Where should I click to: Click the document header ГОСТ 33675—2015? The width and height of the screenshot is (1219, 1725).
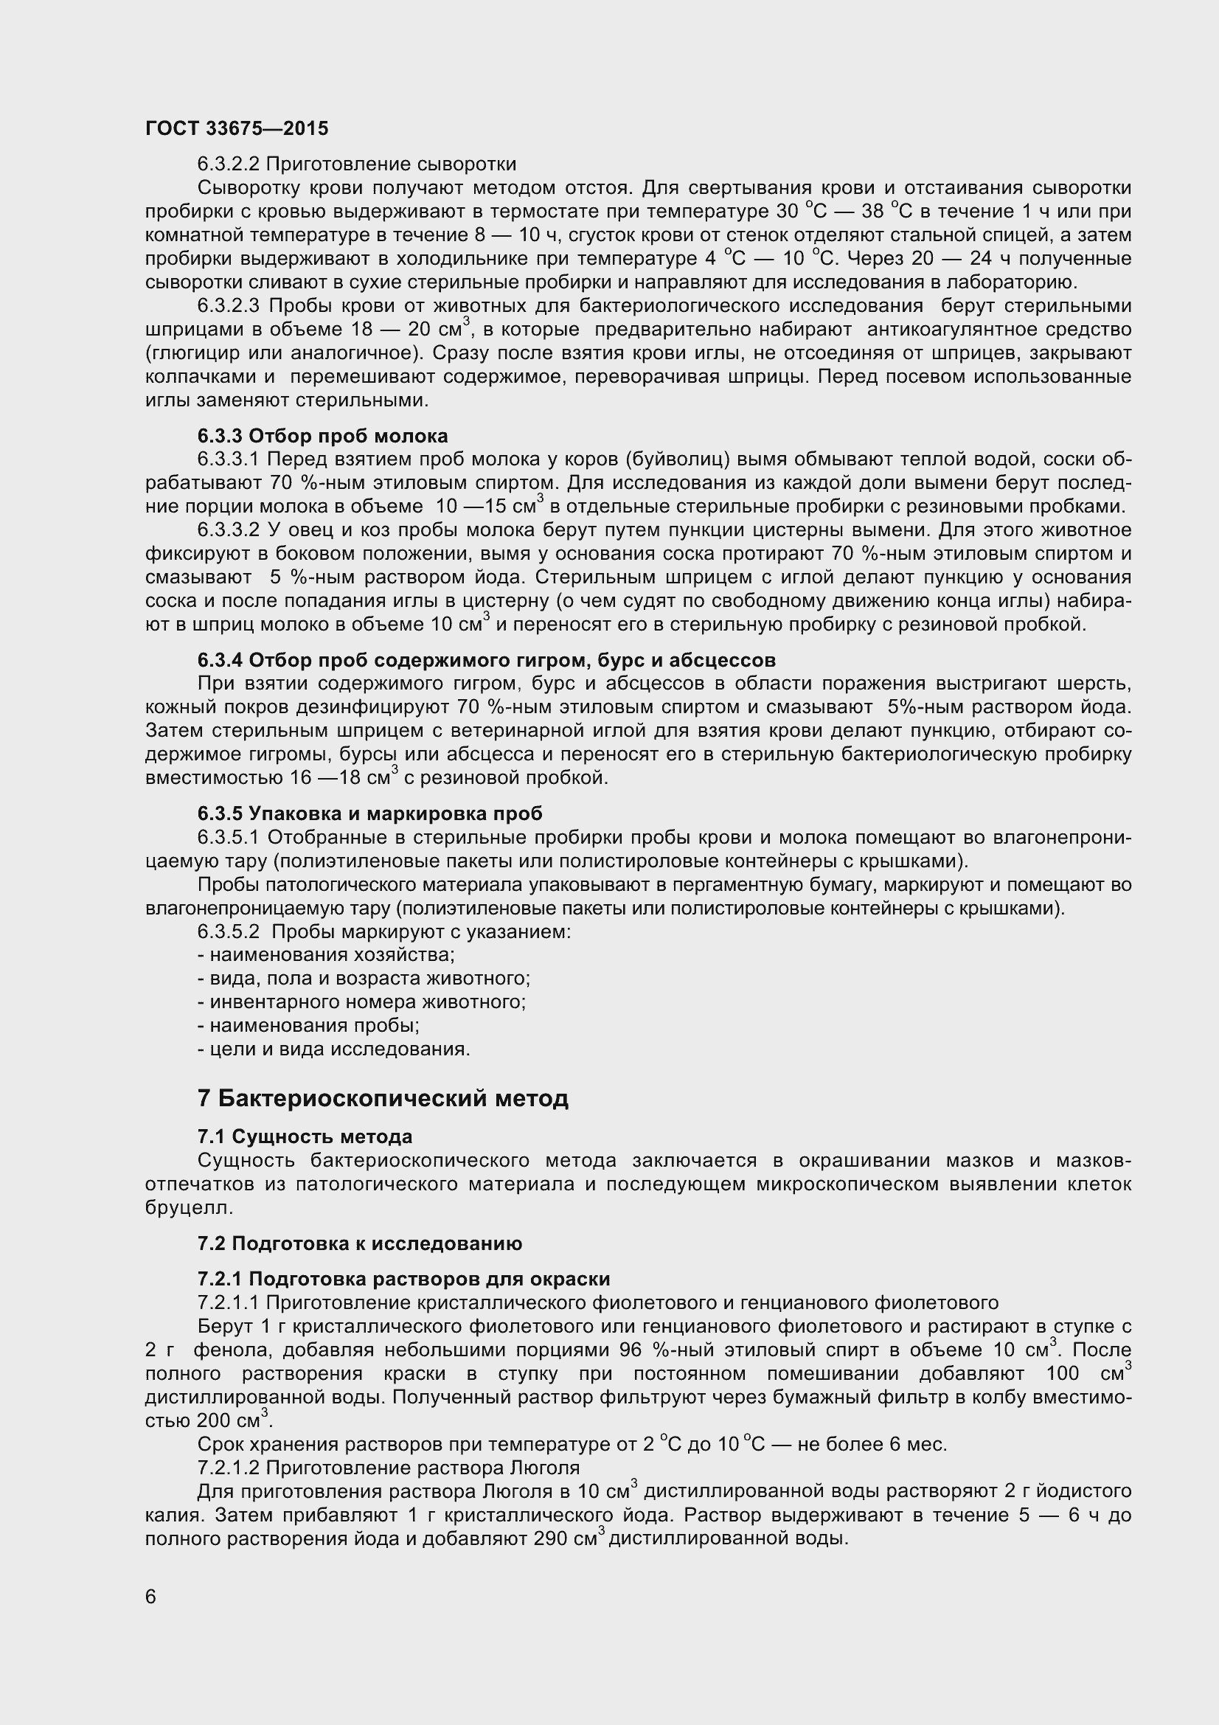point(237,128)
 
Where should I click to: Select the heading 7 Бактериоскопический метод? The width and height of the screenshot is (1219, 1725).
point(382,1098)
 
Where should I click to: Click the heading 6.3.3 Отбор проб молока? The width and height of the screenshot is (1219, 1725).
point(322,436)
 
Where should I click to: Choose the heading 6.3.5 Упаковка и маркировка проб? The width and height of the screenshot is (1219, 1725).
point(369,813)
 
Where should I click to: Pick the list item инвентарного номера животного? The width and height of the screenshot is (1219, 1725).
point(361,1002)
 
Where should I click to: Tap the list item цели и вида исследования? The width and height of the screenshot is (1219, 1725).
point(333,1049)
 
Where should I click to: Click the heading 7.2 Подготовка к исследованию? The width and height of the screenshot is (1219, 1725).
point(360,1243)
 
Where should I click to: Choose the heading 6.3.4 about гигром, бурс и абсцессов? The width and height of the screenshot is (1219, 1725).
point(486,660)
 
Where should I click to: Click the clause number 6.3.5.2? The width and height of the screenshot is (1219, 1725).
point(229,931)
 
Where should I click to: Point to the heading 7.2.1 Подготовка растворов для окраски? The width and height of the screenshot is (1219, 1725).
point(403,1279)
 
